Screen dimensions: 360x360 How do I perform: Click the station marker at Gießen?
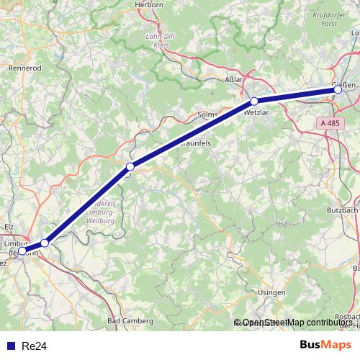click(x=338, y=89)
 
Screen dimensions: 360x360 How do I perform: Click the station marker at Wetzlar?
click(x=254, y=102)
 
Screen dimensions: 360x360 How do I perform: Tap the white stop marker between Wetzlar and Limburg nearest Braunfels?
click(x=130, y=167)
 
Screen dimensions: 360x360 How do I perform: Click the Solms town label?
click(x=208, y=115)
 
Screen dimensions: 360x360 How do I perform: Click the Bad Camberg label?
click(x=130, y=320)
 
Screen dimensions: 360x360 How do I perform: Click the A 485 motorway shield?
click(x=328, y=124)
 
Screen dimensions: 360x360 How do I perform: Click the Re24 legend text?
click(x=34, y=346)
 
